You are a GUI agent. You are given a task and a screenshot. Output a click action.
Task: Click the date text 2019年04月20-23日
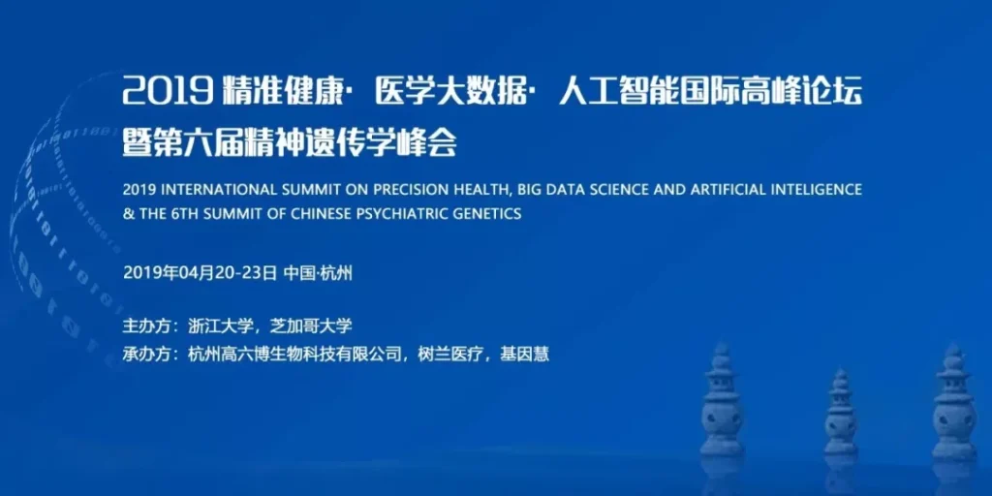tap(200, 273)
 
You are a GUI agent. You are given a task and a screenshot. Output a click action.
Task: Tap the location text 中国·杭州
tap(318, 273)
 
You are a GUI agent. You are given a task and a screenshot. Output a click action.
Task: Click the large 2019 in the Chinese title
tap(168, 93)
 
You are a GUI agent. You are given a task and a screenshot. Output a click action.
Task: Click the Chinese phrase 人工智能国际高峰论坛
tap(710, 93)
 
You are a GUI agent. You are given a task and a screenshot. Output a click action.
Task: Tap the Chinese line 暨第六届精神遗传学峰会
tap(289, 143)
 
